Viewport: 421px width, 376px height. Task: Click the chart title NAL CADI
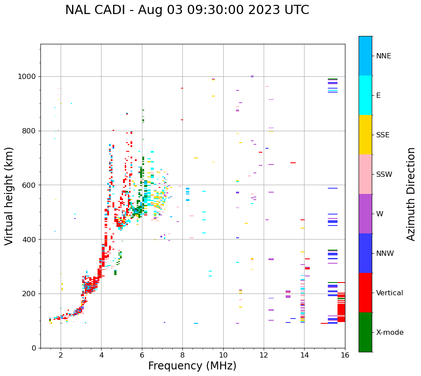(x=187, y=10)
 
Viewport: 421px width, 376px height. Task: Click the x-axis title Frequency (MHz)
(x=192, y=366)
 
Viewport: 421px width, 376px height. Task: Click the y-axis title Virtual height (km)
(x=9, y=196)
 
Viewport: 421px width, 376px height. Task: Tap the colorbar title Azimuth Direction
(x=411, y=194)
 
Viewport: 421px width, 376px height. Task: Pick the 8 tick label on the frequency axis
(x=182, y=355)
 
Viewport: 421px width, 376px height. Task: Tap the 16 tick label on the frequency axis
(x=345, y=355)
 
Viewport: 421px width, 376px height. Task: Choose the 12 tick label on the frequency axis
(x=264, y=355)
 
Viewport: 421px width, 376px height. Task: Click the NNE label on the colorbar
(x=383, y=56)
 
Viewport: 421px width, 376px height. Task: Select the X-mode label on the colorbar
(x=390, y=333)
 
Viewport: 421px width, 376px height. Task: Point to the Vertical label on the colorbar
(x=389, y=293)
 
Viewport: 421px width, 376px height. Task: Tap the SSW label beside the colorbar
(x=384, y=175)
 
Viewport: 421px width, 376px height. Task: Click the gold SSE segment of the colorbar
(x=365, y=135)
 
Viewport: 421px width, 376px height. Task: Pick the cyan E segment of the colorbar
(x=365, y=95)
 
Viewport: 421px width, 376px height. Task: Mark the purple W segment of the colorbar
(x=365, y=214)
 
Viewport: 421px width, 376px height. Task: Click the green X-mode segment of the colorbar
(x=365, y=332)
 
